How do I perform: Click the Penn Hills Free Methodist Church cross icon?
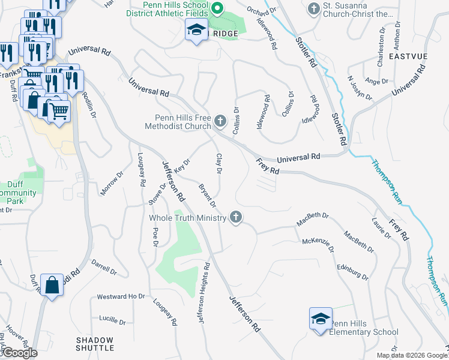pyautogui.click(x=220, y=122)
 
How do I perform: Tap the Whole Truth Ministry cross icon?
pyautogui.click(x=237, y=218)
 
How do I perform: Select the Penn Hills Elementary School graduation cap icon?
pyautogui.click(x=321, y=319)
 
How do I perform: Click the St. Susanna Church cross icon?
pyautogui.click(x=313, y=9)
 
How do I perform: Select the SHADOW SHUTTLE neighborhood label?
pyautogui.click(x=95, y=344)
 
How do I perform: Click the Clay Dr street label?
pyautogui.click(x=219, y=163)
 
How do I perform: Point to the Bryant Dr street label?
pyautogui.click(x=207, y=196)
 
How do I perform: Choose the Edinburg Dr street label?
pyautogui.click(x=352, y=271)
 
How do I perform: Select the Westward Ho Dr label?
pyautogui.click(x=121, y=296)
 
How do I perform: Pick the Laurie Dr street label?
pyautogui.click(x=381, y=230)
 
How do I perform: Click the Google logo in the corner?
pyautogui.click(x=19, y=353)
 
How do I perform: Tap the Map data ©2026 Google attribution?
pyautogui.click(x=411, y=355)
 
